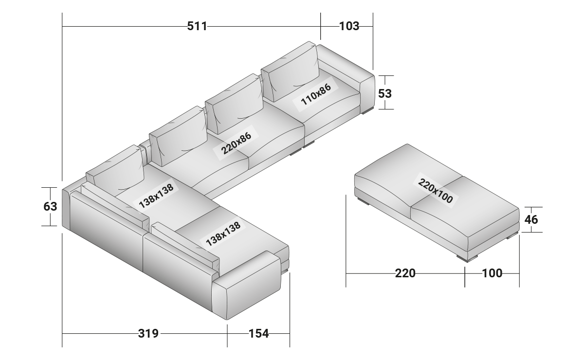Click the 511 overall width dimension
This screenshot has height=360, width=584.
(x=197, y=26)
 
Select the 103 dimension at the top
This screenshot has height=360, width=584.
(x=349, y=26)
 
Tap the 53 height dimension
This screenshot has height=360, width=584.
(x=385, y=92)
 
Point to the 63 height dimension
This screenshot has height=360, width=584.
(x=51, y=206)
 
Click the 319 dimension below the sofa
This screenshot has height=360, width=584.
(x=148, y=334)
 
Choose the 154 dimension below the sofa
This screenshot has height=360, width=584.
(x=258, y=334)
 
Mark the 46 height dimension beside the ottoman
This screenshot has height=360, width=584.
(x=532, y=219)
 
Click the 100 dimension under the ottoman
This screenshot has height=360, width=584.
(x=492, y=273)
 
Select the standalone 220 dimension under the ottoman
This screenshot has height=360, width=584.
(x=405, y=273)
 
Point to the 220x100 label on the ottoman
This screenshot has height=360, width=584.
(x=435, y=190)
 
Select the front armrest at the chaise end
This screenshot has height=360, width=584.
(x=248, y=287)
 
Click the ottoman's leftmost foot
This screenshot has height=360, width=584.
(x=363, y=200)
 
